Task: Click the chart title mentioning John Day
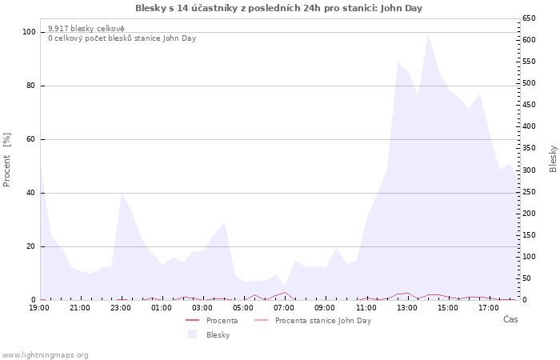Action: (278, 8)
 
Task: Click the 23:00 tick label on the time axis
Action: (121, 308)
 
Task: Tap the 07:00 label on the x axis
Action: (284, 308)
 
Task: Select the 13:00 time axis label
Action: (406, 308)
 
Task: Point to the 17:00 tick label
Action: (489, 308)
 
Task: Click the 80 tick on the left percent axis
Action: (30, 86)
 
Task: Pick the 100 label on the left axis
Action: (29, 32)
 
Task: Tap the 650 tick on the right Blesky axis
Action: (529, 18)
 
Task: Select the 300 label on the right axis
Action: (529, 170)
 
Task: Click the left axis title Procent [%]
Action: (6, 160)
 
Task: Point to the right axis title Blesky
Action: (553, 158)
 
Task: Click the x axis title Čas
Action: (510, 319)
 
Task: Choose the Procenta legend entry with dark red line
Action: (211, 320)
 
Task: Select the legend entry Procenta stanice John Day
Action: (313, 320)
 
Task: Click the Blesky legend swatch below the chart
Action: (192, 334)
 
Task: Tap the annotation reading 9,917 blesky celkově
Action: (86, 29)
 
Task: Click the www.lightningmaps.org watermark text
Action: (45, 355)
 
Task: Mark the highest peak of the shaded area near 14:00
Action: (428, 35)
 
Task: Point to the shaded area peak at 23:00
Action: (122, 194)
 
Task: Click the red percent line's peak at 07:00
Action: (285, 292)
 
